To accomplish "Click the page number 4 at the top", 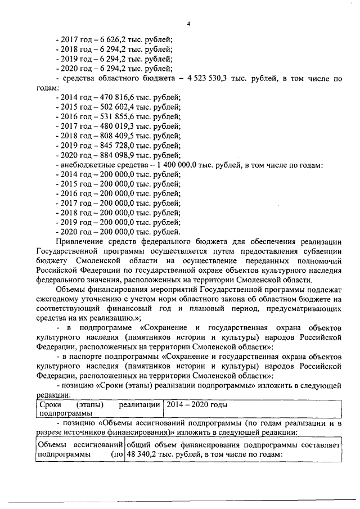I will coord(189,23).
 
